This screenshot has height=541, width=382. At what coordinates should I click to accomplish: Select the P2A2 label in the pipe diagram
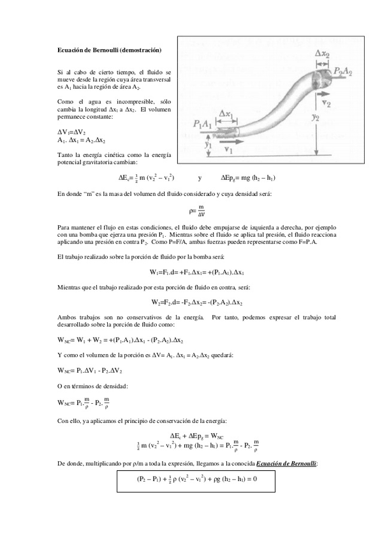(x=343, y=70)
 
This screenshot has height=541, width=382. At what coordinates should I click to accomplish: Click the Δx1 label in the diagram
(x=226, y=114)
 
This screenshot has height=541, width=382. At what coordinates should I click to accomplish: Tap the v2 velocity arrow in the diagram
(x=327, y=101)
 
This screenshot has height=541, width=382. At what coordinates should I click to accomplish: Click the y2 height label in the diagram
(x=316, y=117)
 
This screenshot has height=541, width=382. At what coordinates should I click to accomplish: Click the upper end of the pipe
(x=321, y=78)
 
